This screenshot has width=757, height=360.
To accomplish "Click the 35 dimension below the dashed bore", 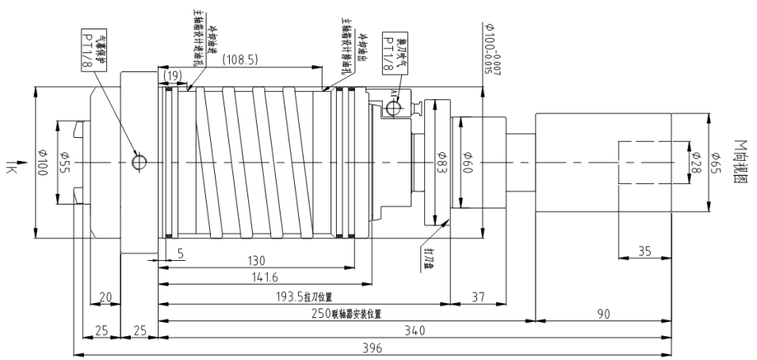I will tap(644, 251).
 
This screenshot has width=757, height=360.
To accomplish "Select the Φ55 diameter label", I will tap(65, 163).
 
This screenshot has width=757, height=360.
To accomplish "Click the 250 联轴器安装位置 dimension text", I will tap(346, 313).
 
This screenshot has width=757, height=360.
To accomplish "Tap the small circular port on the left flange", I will tap(139, 162).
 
